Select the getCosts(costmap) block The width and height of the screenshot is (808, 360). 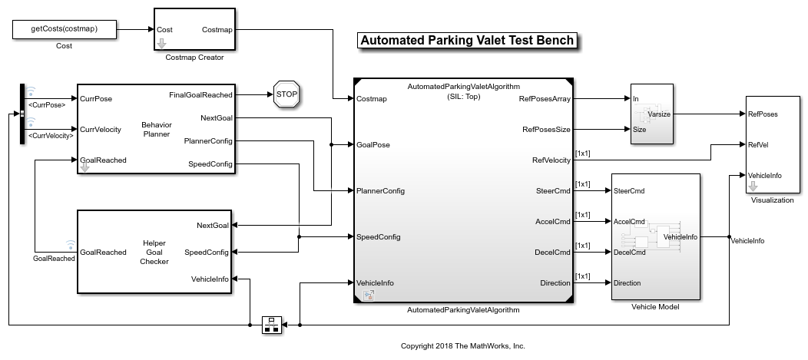click(x=65, y=30)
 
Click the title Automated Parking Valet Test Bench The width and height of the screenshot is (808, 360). click(x=467, y=41)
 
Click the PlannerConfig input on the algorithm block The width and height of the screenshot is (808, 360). click(x=381, y=190)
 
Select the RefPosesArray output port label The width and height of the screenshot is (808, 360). click(x=545, y=98)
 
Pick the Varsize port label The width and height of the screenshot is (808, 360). click(x=660, y=114)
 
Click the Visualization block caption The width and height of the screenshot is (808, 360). click(x=772, y=200)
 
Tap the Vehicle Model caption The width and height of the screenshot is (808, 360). click(x=655, y=307)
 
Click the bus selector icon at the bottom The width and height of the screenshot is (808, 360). click(x=271, y=325)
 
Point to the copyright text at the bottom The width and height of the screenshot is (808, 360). click(x=462, y=346)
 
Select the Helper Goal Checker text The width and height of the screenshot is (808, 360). click(x=154, y=252)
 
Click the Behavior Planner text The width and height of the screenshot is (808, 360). click(x=156, y=129)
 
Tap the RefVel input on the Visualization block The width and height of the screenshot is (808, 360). click(x=758, y=144)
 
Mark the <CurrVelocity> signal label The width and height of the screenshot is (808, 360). click(x=51, y=135)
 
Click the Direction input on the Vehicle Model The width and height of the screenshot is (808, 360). click(x=628, y=282)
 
